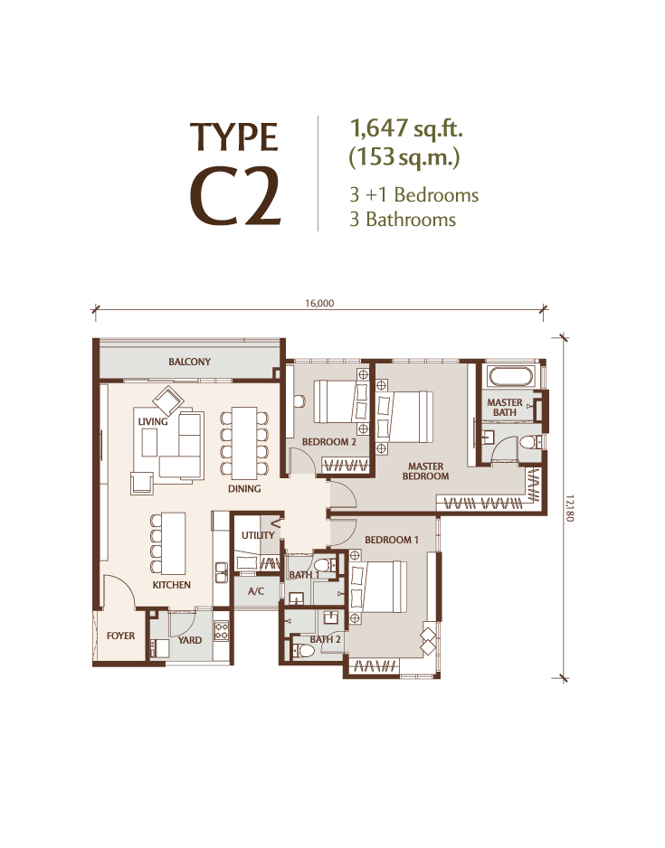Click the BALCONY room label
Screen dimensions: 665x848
189,362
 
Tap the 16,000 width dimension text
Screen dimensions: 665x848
319,304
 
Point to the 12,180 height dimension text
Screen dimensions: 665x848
568,507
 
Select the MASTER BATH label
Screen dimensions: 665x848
504,407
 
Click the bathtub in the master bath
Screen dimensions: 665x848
510,376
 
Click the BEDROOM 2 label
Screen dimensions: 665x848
329,442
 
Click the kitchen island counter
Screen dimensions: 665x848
174,543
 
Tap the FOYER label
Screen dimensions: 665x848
120,636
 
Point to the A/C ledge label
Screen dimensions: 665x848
256,591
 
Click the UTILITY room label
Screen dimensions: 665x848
258,535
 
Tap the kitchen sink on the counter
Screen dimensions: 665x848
221,572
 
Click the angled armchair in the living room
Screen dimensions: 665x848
168,401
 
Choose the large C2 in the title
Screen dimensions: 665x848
236,198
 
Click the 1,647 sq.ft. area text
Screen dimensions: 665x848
406,128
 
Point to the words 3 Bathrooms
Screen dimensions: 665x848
404,219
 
